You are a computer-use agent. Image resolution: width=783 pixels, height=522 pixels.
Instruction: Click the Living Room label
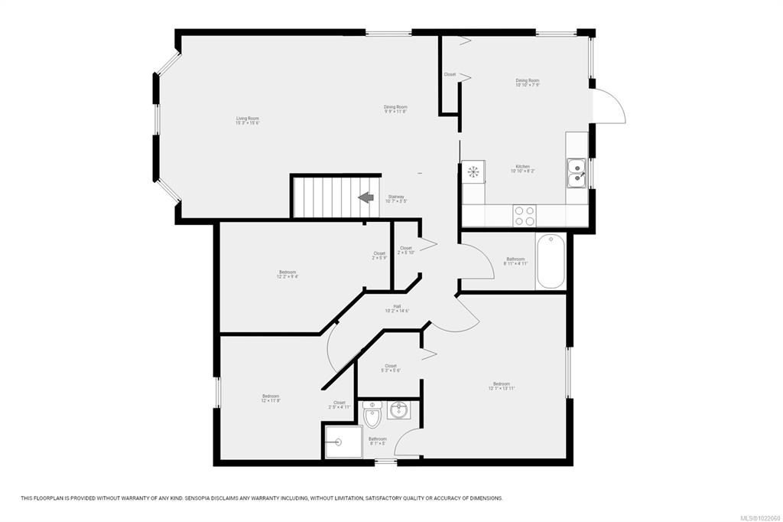point(247,121)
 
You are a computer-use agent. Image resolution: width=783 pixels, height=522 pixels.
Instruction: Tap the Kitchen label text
point(522,168)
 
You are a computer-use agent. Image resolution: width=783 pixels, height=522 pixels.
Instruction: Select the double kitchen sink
point(576,172)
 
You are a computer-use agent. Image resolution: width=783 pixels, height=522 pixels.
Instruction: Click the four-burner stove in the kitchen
point(524,215)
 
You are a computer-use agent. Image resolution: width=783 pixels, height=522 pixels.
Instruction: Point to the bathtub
point(551,262)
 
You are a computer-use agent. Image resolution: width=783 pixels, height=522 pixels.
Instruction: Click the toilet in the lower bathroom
point(372,416)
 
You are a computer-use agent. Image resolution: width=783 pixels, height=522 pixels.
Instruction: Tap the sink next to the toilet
point(398,411)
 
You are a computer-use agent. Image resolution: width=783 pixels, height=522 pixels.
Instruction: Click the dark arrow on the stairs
point(366,197)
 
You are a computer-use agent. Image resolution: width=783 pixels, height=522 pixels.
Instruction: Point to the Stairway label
point(396,199)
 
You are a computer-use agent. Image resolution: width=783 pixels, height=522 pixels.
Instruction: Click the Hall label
point(397,308)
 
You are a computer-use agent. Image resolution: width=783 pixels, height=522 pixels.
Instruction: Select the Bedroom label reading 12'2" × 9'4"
point(288,275)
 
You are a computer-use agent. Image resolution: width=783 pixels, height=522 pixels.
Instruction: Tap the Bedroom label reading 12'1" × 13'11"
point(502,386)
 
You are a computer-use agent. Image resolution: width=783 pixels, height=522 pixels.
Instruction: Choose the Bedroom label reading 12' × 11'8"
point(271,398)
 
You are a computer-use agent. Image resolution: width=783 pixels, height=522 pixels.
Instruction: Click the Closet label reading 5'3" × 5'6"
point(391,368)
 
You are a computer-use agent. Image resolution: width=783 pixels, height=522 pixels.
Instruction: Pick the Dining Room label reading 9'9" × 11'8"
point(395,109)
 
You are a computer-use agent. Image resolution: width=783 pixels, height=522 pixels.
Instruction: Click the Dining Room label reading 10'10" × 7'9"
point(527,83)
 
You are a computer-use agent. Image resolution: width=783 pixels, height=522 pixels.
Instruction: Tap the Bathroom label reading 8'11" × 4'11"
point(515,261)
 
